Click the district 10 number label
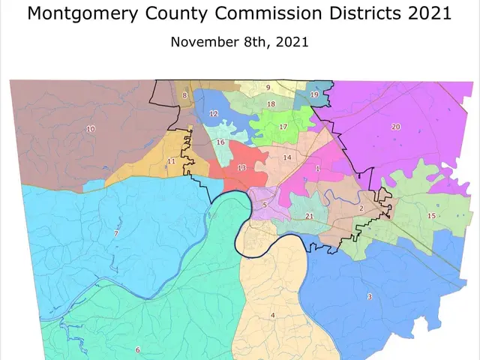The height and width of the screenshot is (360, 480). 91,129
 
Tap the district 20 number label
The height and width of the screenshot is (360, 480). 396,127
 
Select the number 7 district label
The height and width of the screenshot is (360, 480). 115,234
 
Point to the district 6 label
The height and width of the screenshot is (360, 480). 137,349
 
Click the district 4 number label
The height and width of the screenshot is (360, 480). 273,315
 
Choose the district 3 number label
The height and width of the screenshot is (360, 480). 369,297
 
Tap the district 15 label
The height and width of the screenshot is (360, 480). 431,216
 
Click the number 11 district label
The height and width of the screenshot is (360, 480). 171,161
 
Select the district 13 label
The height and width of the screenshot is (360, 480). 241,168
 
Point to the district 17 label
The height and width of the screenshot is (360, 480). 283,127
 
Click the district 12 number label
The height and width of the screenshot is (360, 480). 214,114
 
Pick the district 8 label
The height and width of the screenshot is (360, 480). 184,95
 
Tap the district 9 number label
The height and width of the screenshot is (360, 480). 268,88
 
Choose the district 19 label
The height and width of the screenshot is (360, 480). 314,95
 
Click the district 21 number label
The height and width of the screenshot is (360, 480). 309,216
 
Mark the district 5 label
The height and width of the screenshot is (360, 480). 264,204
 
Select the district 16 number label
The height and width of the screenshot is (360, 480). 220,142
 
